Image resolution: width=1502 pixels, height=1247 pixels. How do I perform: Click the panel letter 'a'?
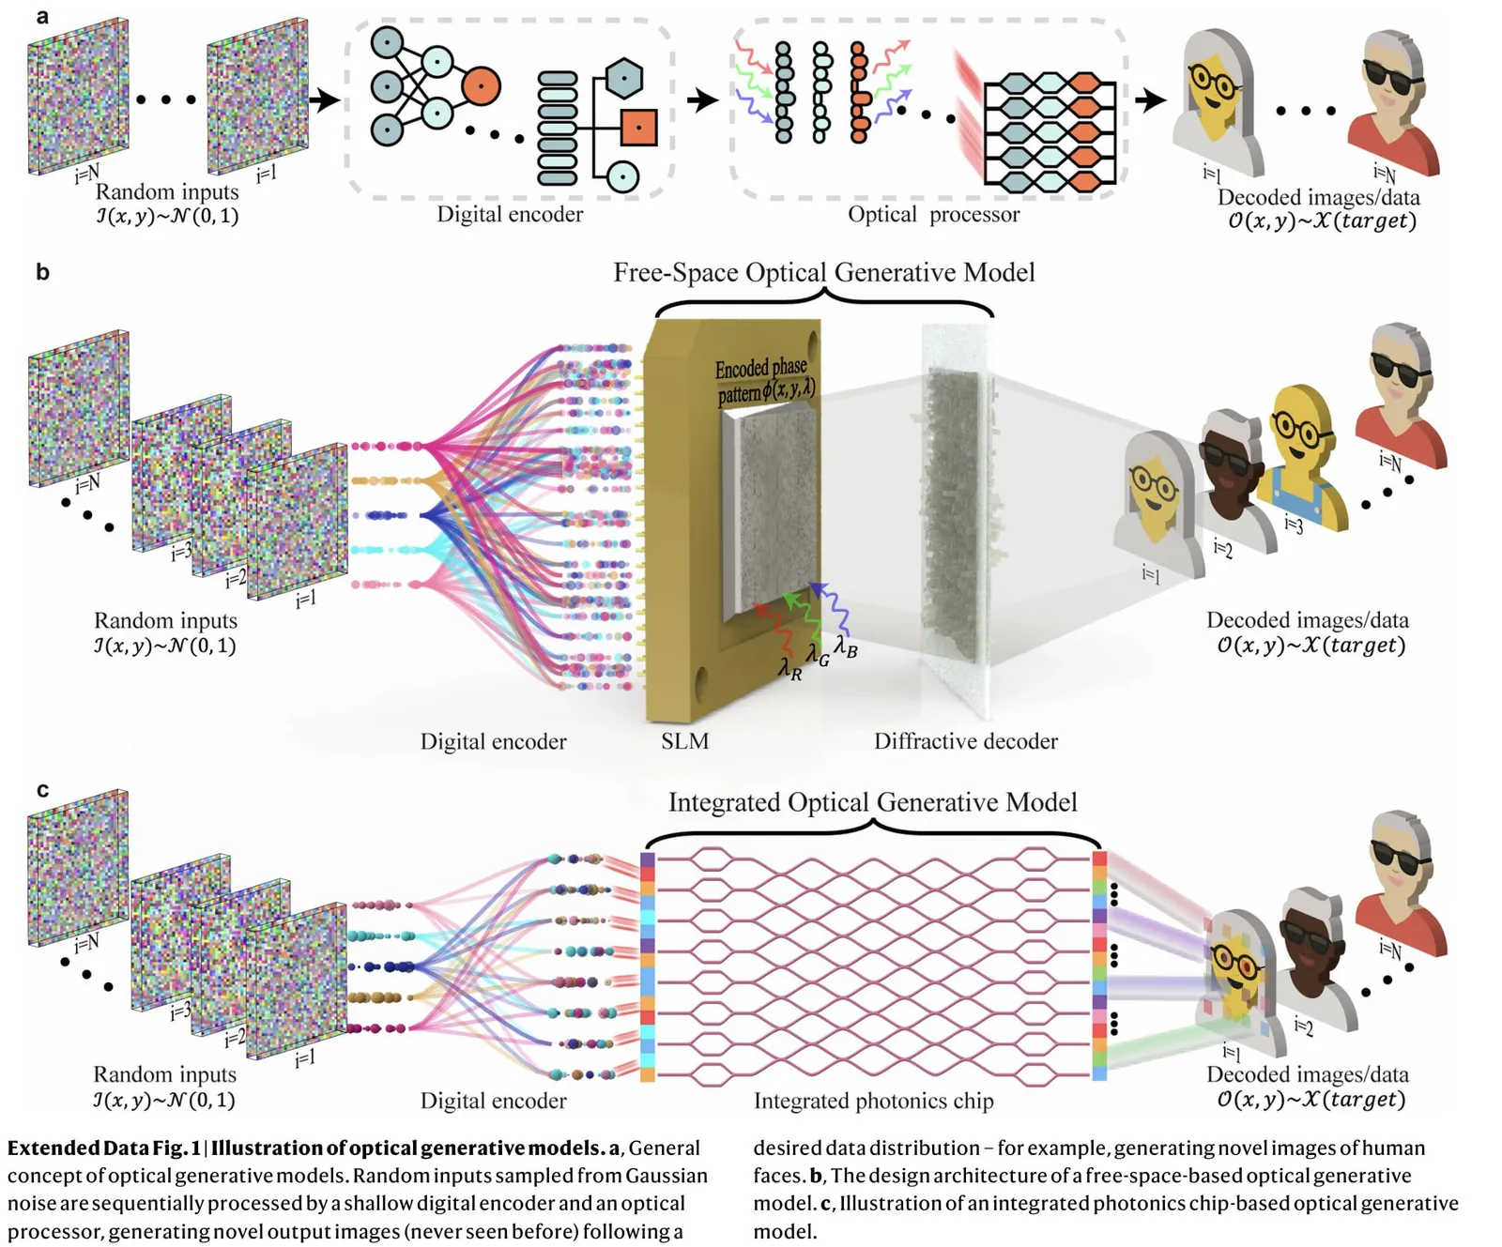tap(42, 17)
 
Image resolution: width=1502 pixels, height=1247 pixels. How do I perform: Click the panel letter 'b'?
tap(42, 272)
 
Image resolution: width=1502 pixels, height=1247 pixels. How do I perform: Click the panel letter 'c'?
tap(42, 790)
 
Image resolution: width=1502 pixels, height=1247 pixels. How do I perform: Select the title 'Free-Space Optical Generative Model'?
tap(824, 272)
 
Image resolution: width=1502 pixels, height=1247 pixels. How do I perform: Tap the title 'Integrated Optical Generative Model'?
tap(872, 802)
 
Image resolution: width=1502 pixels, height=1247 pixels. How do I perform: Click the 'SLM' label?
tap(684, 741)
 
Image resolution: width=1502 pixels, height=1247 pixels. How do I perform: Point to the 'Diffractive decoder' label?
tap(965, 741)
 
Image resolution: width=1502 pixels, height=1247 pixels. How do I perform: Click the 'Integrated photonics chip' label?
tap(873, 1101)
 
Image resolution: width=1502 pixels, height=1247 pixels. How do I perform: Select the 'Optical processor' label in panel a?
tap(933, 215)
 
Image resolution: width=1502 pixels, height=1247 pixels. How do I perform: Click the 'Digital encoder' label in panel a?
tap(510, 215)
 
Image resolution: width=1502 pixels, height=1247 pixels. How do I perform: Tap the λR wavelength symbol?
tap(789, 669)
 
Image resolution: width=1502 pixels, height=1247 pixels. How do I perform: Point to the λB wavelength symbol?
tap(846, 647)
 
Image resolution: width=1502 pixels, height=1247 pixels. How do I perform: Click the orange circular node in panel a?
tap(481, 86)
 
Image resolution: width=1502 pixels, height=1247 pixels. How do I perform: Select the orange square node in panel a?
tap(638, 127)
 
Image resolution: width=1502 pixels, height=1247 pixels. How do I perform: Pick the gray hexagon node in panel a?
tap(623, 79)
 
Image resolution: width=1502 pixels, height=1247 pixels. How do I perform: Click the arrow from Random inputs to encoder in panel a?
tap(325, 99)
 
